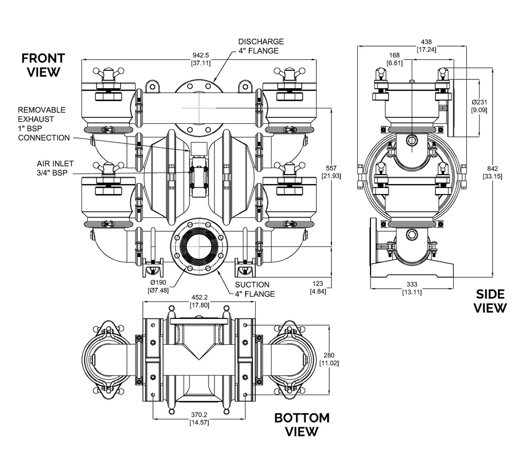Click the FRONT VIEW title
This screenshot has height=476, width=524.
coord(43,65)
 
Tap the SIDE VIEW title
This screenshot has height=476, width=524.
coord(490,301)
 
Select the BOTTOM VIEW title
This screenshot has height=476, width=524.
coord(302,425)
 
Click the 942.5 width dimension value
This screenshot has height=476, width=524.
coord(201,55)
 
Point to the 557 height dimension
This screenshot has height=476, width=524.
coord(331,168)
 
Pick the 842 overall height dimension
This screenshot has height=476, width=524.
coord(492,169)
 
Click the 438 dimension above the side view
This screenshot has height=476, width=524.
coord(426,42)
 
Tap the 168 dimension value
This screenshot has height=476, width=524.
coord(394,56)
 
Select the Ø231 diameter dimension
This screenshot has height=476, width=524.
coord(479,103)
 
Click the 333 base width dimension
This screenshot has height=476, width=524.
coord(412,284)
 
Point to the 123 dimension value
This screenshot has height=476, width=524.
coord(318,283)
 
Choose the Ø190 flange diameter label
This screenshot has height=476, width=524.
coord(158,282)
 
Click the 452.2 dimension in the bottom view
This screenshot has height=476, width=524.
coord(200,297)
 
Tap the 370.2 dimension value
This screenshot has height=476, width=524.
coord(199,415)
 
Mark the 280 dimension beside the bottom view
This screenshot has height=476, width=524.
coord(329,355)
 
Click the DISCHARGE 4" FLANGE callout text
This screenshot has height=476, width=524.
coord(260,46)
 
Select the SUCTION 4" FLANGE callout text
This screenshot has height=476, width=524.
coord(255,289)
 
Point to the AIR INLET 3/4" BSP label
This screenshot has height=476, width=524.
coord(55,168)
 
